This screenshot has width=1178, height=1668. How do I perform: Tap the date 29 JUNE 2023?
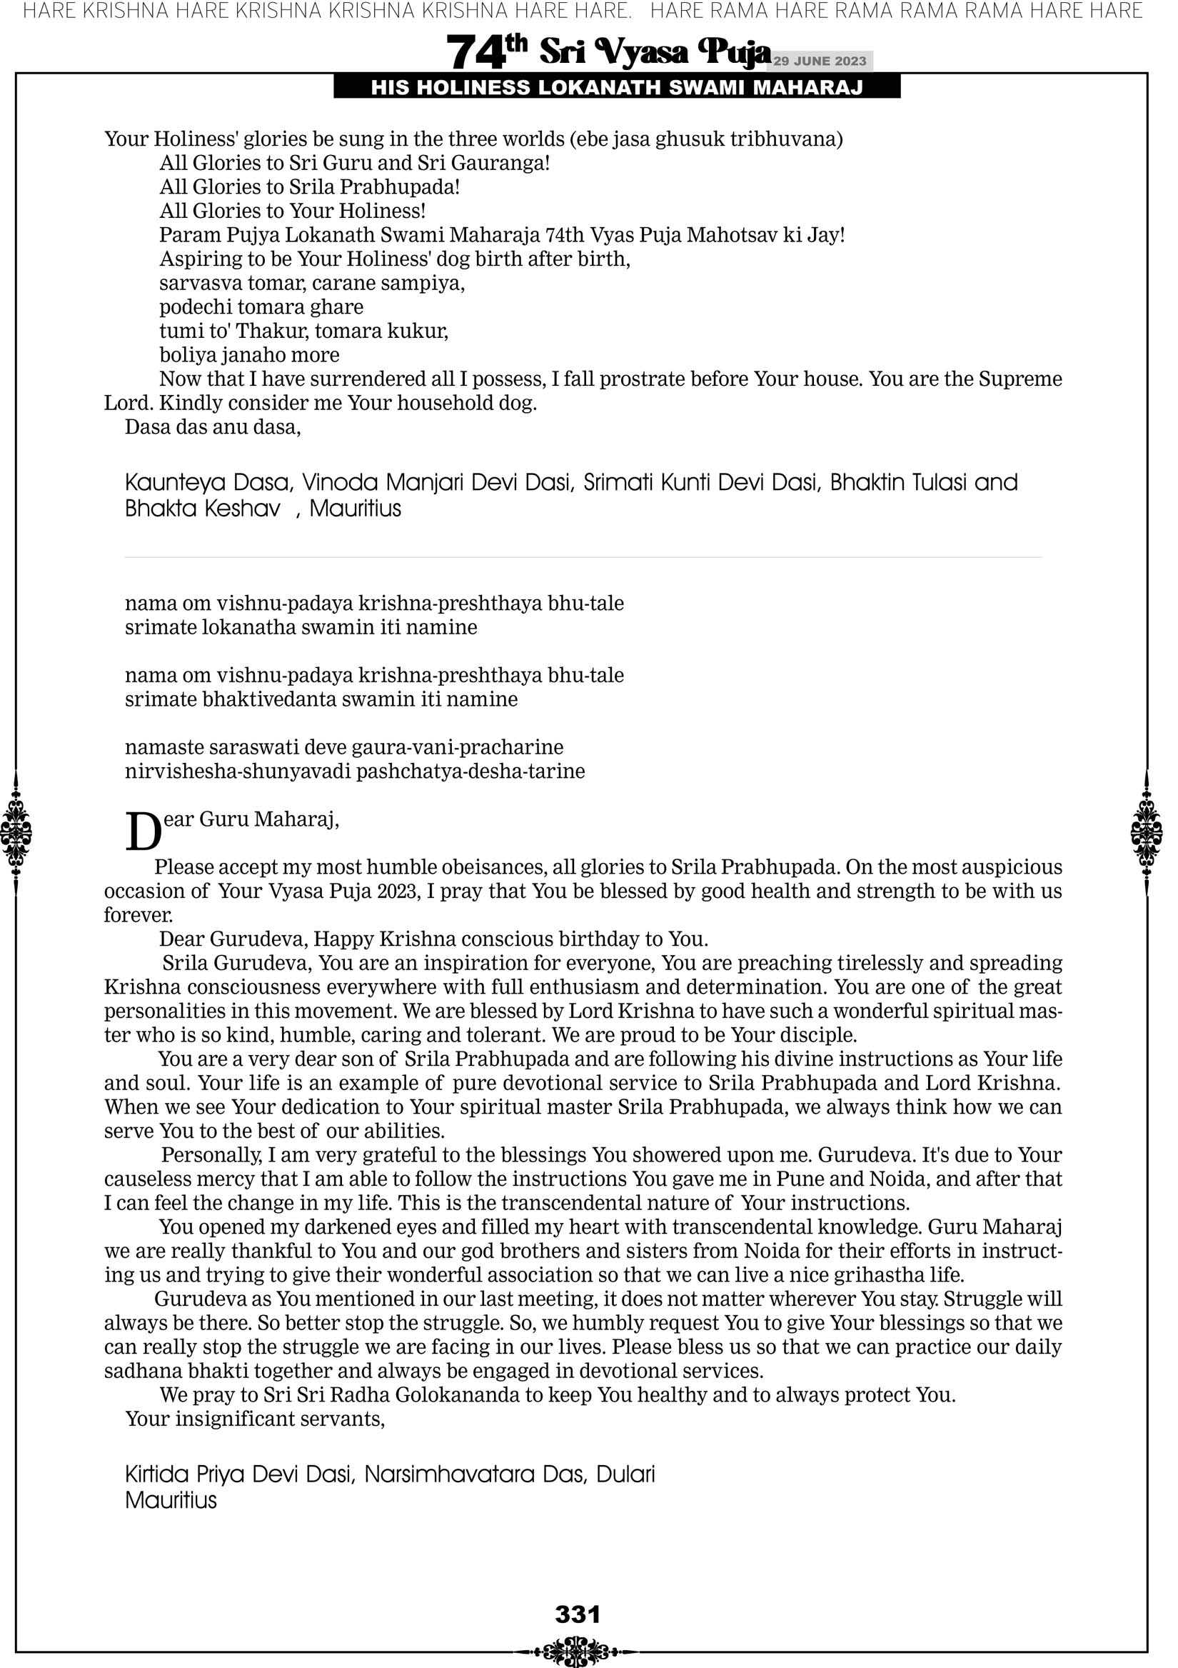[820, 61]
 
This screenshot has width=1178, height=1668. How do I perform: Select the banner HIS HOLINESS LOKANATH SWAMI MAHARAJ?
[617, 88]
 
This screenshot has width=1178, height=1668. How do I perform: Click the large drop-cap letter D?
[142, 831]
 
